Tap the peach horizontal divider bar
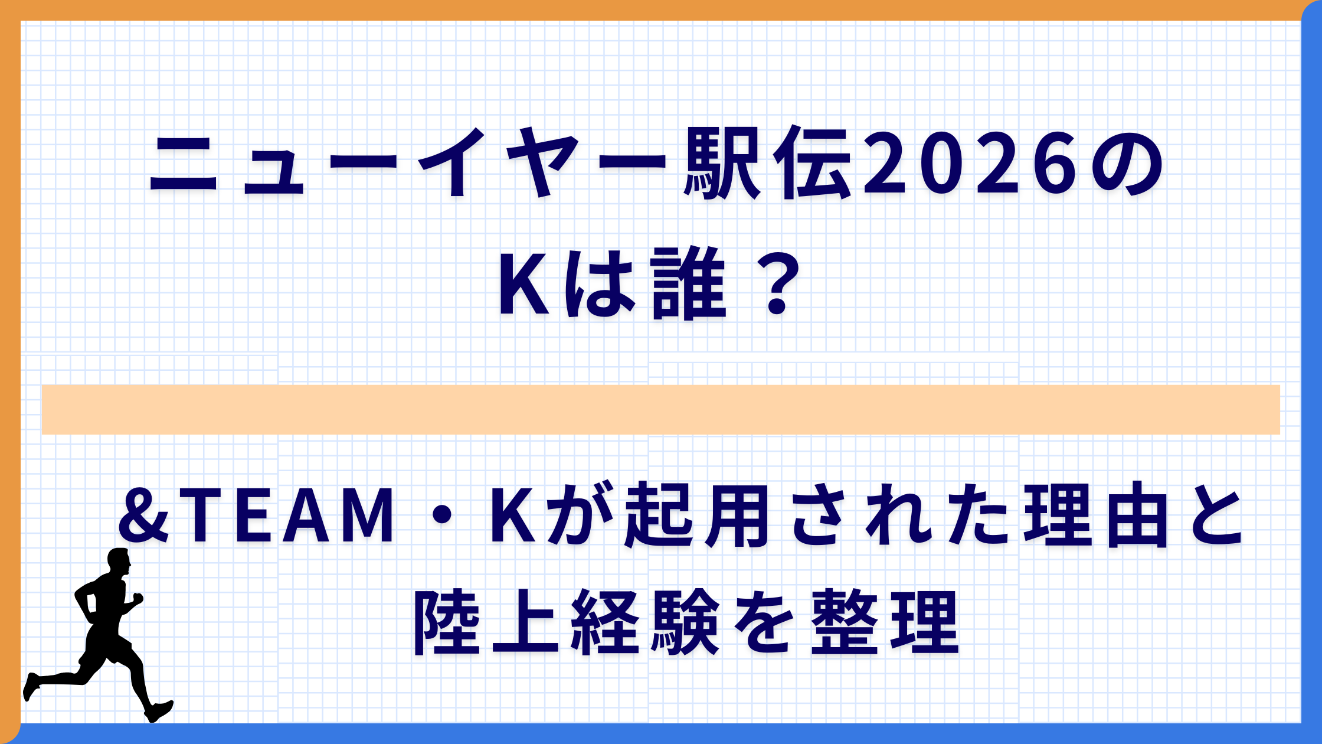click(661, 410)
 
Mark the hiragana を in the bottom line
click(767, 622)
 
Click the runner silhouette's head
click(119, 561)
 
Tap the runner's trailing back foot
click(31, 686)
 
